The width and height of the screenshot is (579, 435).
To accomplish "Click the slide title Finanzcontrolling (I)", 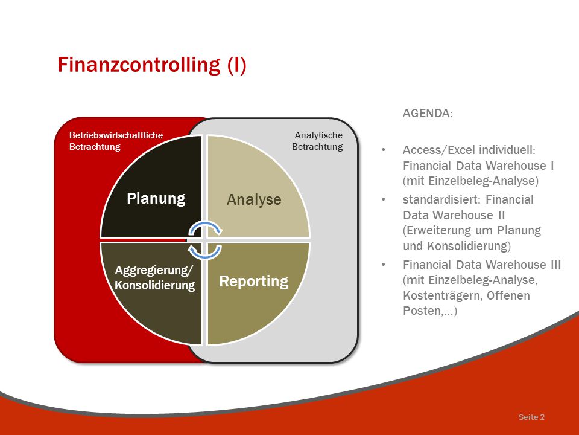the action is coord(152,65).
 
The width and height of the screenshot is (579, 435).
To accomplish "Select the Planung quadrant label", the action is coord(156,199).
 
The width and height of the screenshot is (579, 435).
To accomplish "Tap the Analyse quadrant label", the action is coord(254,200).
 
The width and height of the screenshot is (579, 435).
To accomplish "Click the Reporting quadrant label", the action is coord(254,282).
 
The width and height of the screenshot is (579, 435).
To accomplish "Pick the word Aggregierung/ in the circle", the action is coord(154,271).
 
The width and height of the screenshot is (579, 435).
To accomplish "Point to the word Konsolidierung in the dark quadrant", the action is coord(155,285).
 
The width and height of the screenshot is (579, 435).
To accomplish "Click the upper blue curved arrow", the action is coord(205,228).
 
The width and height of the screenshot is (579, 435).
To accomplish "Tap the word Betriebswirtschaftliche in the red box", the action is coord(116,135).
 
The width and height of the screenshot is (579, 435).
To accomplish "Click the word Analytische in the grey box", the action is coord(318,135).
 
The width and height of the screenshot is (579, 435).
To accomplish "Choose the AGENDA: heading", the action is coord(428,113).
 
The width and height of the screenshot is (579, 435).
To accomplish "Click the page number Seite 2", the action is coord(531,417).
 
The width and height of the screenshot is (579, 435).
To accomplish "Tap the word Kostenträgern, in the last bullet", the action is coord(442,295).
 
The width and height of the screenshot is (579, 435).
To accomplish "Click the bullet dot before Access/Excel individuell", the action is coord(384,150).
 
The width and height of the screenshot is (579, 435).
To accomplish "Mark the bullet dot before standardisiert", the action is coord(384,200).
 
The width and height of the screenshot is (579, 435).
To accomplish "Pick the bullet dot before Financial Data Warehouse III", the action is coord(384,265).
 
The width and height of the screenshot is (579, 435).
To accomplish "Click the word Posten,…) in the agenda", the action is coord(430,311).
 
